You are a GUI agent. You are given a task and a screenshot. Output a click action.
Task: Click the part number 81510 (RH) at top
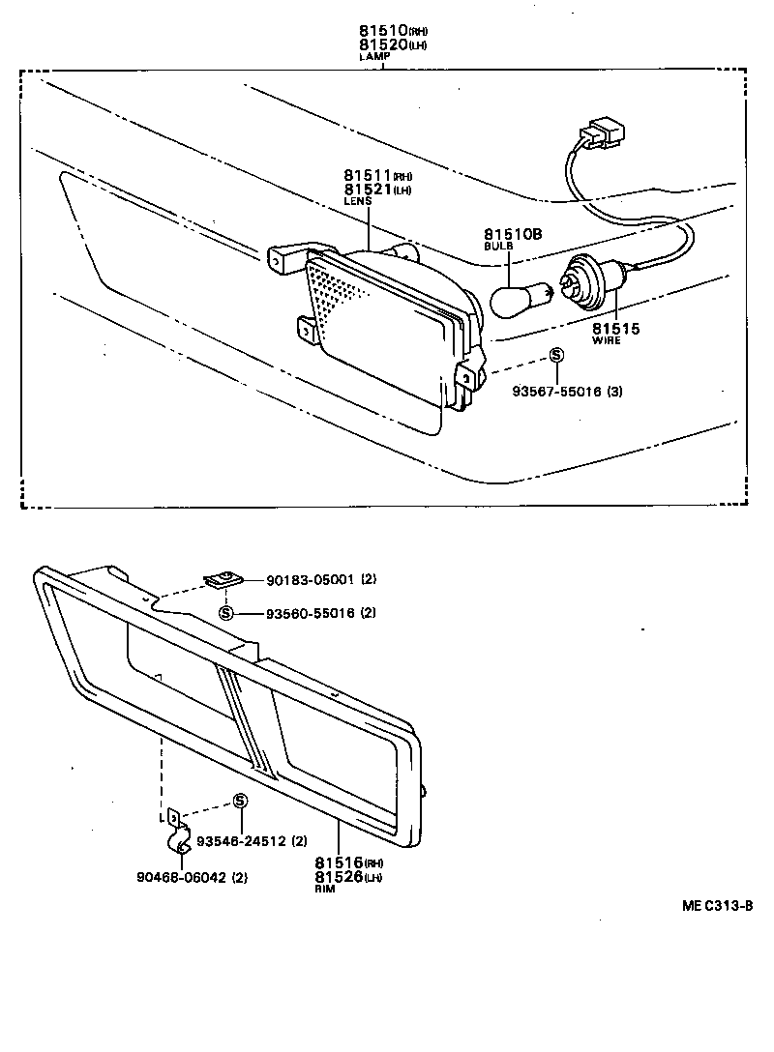pyautogui.click(x=385, y=32)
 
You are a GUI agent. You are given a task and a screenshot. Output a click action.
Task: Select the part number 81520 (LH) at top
pyautogui.click(x=385, y=45)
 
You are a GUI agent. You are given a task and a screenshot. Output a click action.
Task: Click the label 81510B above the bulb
pyautogui.click(x=510, y=235)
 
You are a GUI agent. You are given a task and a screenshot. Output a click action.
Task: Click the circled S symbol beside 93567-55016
pyautogui.click(x=556, y=355)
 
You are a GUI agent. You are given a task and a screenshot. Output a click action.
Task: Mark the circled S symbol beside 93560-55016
pyautogui.click(x=225, y=613)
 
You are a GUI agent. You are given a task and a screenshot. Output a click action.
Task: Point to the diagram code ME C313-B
pyautogui.click(x=716, y=906)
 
